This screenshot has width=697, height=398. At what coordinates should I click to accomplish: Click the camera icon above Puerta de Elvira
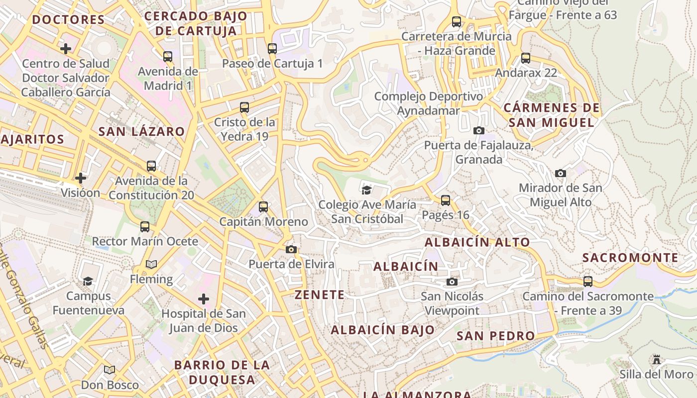coord(291,249)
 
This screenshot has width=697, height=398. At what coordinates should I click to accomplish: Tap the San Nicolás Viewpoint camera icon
coord(452,282)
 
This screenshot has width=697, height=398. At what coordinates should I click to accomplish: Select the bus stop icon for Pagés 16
coord(446,200)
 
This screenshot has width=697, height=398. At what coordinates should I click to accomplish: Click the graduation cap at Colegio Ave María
coord(367,190)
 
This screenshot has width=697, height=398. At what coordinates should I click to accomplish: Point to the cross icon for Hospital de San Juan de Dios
coord(204,299)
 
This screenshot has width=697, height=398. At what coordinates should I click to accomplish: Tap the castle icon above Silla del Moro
coord(657,359)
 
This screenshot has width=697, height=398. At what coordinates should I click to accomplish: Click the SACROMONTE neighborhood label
coord(630,258)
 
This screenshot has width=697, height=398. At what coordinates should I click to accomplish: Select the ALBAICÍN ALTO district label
coord(477,242)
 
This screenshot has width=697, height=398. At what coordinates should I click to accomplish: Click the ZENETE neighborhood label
coord(320,295)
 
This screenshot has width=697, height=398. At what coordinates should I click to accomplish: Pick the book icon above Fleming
coord(151,264)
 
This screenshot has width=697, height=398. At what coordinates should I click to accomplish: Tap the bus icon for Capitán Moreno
coord(263,207)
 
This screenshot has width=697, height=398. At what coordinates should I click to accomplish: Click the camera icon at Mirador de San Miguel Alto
coord(561,173)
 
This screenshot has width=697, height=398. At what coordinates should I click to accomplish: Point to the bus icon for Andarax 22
coord(526,58)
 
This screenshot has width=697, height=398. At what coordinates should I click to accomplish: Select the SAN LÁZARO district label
coord(141,132)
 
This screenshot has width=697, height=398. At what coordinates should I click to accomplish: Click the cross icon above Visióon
coord(81,178)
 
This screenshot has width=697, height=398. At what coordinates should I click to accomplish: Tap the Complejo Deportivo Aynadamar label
coord(428,103)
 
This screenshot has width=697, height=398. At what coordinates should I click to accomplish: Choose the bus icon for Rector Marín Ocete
coord(145,227)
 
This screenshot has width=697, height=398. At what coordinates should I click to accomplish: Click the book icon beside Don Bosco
coord(110,370)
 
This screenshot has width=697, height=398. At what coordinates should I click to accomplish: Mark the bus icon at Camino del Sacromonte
coord(588,282)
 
